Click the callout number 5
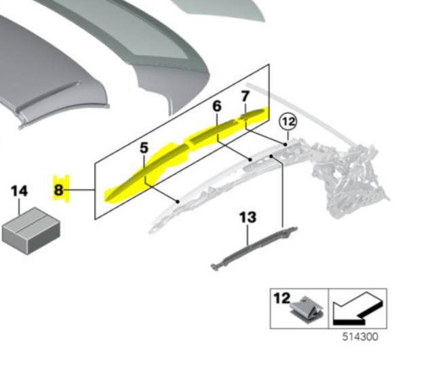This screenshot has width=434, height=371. (x=144, y=147)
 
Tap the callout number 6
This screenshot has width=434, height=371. (x=217, y=106)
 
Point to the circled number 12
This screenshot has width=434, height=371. (x=288, y=122)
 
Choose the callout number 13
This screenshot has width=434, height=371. (x=248, y=218)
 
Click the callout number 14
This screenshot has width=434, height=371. (x=20, y=191)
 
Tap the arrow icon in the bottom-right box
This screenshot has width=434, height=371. (x=359, y=307)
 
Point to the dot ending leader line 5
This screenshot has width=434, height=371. (x=177, y=201)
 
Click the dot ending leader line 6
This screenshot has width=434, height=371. (x=250, y=160)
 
